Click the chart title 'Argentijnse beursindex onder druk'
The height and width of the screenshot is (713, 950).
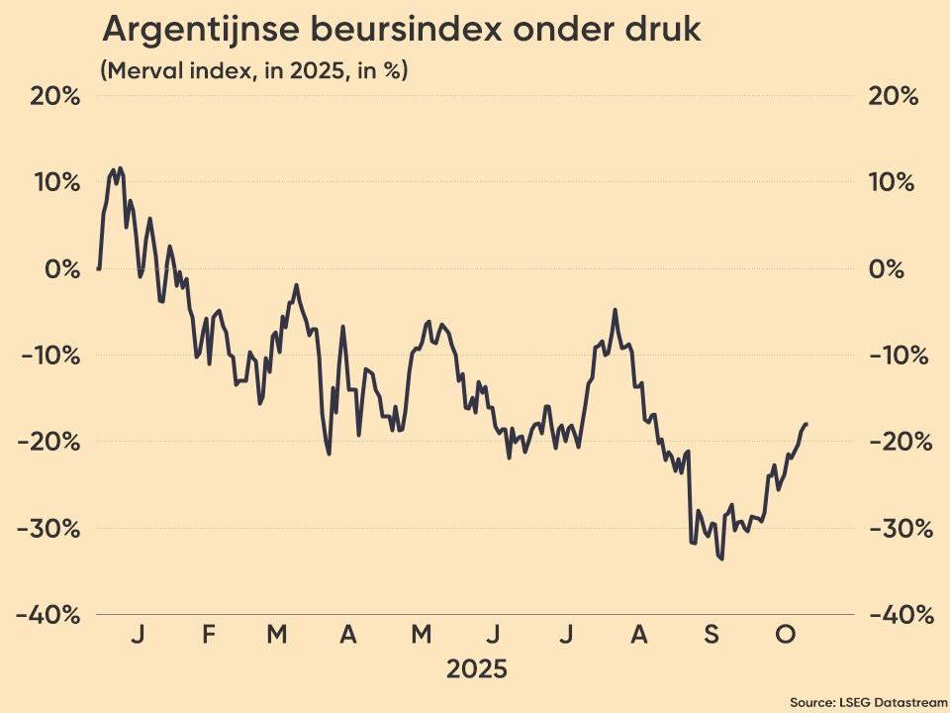coord(401,30)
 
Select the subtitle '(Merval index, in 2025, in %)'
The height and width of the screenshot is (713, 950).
coord(254,71)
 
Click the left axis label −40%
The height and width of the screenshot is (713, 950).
coord(48,614)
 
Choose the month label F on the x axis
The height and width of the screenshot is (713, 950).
coord(209,635)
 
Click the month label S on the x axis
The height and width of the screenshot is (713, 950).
coord(712,635)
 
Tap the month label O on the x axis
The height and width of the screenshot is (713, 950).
coord(784,635)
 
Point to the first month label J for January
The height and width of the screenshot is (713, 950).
coord(138,635)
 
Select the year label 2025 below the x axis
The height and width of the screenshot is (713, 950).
coord(476,669)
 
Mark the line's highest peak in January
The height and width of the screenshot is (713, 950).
coord(120,168)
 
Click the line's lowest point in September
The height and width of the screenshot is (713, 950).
coord(721,559)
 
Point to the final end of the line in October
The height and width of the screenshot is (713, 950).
coord(807,424)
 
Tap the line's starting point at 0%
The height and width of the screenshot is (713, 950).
coord(98,268)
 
